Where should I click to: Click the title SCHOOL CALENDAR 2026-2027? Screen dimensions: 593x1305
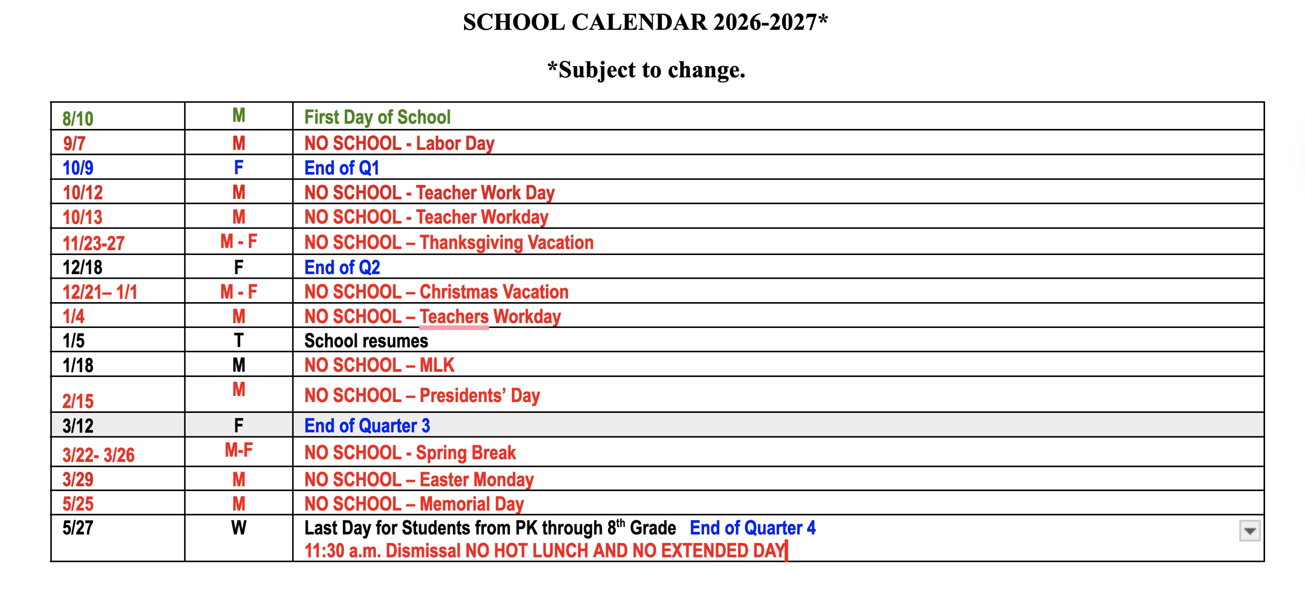click(x=645, y=22)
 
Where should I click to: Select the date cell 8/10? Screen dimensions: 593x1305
click(x=78, y=118)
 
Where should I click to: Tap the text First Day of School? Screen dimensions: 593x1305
click(x=377, y=117)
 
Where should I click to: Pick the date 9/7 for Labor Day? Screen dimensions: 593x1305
click(x=74, y=143)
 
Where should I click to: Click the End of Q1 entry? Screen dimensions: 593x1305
click(x=341, y=168)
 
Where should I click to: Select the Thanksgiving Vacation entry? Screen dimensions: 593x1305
click(x=448, y=242)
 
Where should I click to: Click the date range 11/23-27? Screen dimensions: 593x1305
click(x=93, y=243)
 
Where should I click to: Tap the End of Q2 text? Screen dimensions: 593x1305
click(x=342, y=267)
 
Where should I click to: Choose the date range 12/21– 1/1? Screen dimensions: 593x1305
click(x=99, y=292)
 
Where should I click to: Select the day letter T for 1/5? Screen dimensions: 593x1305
click(x=239, y=340)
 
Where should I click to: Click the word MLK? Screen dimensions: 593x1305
click(x=437, y=365)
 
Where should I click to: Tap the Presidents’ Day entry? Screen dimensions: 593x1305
click(x=422, y=395)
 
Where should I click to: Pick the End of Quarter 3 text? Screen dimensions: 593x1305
click(x=367, y=426)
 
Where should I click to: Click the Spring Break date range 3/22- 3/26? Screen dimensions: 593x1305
click(x=98, y=455)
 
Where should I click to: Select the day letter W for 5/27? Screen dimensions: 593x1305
click(x=239, y=528)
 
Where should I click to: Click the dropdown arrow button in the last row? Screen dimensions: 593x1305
click(x=1249, y=531)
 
